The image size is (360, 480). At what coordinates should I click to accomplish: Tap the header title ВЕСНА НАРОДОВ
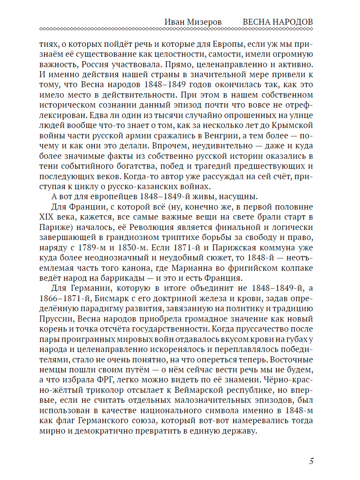pos(278,22)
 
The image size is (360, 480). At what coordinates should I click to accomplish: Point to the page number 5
pos(311,460)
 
